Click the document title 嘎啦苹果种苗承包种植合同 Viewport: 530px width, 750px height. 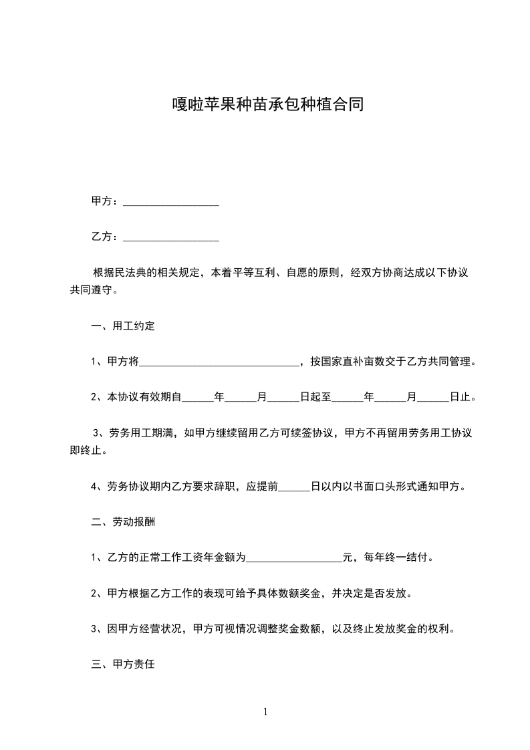(265, 105)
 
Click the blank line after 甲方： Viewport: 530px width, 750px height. (172, 203)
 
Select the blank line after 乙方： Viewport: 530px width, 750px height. (172, 238)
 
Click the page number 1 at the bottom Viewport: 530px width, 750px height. (265, 712)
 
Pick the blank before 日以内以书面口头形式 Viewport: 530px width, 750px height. (295, 487)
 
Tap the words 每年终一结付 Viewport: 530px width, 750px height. (397, 557)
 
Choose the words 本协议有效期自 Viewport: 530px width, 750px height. (144, 397)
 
